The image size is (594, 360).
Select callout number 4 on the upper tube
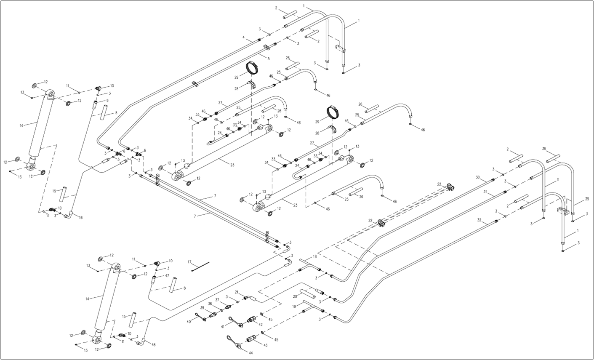click(x=243, y=38)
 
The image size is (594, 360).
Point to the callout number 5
click(x=268, y=58)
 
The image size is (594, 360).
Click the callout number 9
click(x=107, y=101)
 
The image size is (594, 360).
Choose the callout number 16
click(x=81, y=218)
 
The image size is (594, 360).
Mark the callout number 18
click(x=314, y=256)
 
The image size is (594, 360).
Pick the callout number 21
click(x=237, y=292)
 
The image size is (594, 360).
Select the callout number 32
click(x=479, y=220)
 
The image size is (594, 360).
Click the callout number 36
click(x=544, y=148)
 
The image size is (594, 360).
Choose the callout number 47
click(x=167, y=275)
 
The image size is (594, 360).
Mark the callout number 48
click(x=154, y=345)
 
